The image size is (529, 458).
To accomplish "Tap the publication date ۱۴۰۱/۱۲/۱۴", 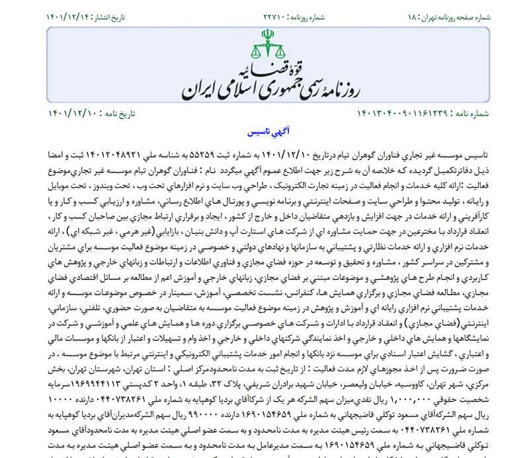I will (71, 16).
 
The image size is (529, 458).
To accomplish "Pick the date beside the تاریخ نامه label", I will (72, 114).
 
